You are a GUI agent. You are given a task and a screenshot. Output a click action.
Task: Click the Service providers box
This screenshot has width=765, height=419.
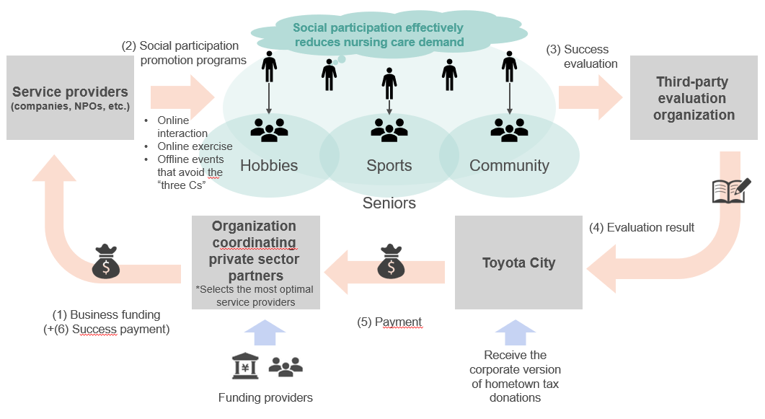click(x=70, y=97)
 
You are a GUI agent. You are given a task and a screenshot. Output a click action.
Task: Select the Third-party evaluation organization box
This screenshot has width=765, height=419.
click(x=694, y=97)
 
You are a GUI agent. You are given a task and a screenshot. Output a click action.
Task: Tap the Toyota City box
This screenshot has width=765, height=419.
click(x=518, y=263)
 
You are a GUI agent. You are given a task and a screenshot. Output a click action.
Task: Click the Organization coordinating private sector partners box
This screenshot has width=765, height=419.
click(x=256, y=263)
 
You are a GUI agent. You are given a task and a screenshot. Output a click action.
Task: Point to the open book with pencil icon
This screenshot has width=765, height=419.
click(x=731, y=190)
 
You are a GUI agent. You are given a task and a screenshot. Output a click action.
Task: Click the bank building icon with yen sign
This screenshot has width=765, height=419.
click(x=245, y=366)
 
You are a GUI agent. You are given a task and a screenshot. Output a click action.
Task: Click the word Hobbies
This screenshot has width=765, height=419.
click(x=269, y=166)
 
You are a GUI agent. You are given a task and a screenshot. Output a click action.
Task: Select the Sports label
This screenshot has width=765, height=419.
click(x=389, y=166)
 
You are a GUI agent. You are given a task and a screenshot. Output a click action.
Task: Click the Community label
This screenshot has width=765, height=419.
click(x=509, y=166)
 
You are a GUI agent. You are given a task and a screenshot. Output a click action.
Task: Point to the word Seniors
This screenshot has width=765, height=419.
click(x=389, y=203)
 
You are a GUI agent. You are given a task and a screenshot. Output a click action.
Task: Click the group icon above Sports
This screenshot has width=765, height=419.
click(x=389, y=130)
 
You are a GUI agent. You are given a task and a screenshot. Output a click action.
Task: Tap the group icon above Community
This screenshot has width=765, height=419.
click(x=509, y=130)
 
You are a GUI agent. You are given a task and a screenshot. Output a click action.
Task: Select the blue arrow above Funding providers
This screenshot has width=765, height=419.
click(x=265, y=332)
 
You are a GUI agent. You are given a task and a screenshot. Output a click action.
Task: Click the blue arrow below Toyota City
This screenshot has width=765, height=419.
click(x=516, y=332)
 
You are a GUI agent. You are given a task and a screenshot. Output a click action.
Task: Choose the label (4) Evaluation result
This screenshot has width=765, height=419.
click(x=642, y=228)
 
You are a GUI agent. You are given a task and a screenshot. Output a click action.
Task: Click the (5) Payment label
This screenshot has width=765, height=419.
click(x=389, y=322)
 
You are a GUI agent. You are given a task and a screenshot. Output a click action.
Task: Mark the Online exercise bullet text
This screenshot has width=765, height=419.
click(x=195, y=146)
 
